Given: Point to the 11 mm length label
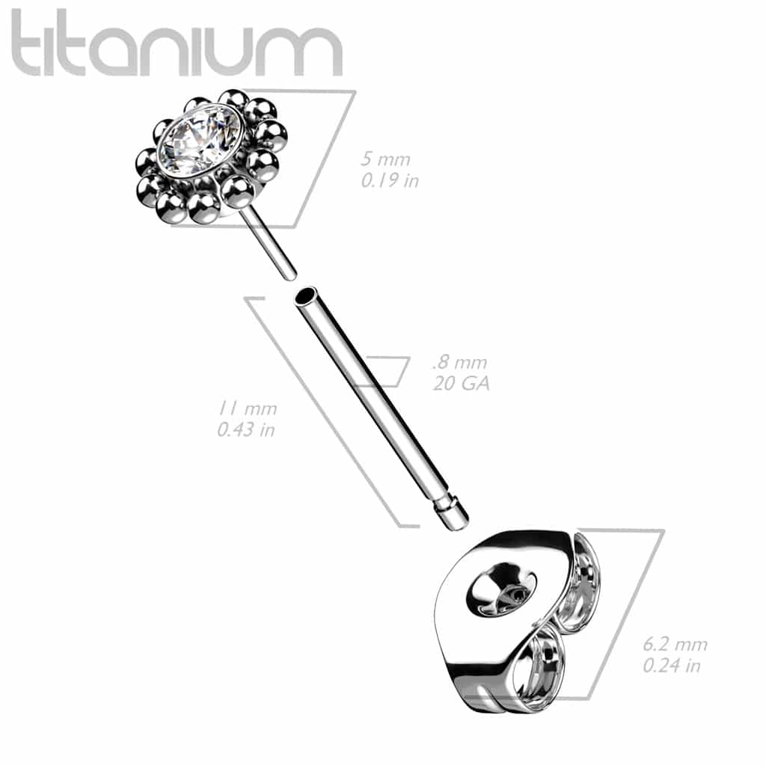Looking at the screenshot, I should point(247,409).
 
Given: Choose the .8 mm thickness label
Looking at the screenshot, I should point(459,364).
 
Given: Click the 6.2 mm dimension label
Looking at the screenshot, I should point(675,645).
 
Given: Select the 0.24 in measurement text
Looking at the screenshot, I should point(672,665).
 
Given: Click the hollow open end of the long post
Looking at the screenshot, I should point(304,297).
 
